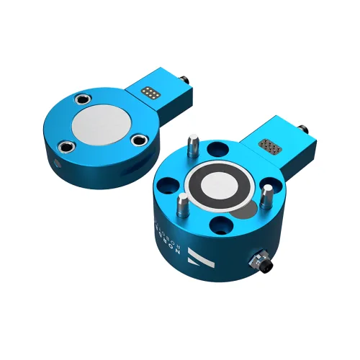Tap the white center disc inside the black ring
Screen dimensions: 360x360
220,186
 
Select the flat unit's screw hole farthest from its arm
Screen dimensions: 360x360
64,145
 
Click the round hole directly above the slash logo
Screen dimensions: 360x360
217,230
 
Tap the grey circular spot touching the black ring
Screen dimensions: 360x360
246,212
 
